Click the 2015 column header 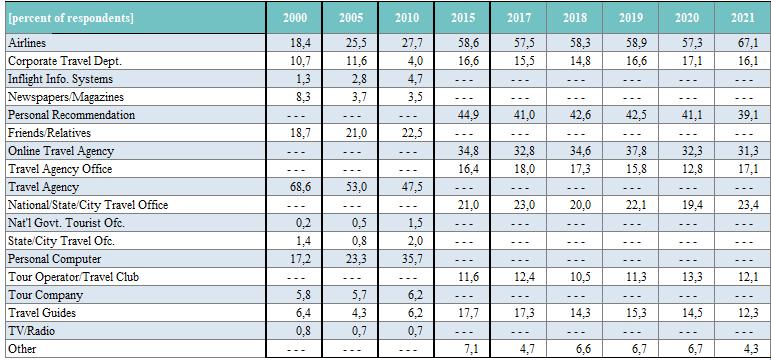coord(463,18)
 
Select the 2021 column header coord(742,18)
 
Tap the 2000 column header coord(295,18)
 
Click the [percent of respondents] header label coord(71,19)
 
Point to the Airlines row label coord(27,43)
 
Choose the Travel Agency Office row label coord(60,169)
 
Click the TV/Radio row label coord(31,331)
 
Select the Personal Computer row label coord(55,259)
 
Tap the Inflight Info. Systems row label coord(60,79)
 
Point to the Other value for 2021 coord(747,349)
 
